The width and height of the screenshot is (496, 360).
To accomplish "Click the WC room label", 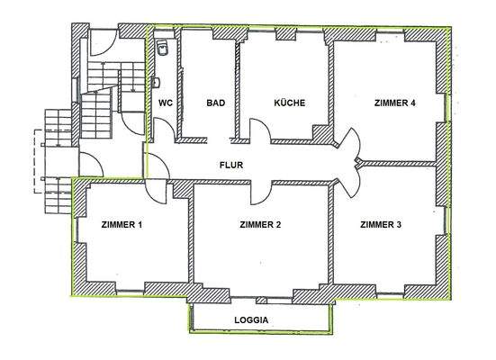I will click(x=165, y=103).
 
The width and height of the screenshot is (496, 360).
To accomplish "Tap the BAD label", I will click(x=215, y=103).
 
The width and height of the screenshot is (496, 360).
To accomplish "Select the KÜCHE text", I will click(x=290, y=103).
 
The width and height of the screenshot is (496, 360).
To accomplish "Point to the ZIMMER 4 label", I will click(x=394, y=103).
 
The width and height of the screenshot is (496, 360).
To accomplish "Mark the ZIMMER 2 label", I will click(x=261, y=224).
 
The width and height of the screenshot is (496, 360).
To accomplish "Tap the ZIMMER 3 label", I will click(x=380, y=224).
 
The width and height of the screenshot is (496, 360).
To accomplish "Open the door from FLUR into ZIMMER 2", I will click(x=261, y=191).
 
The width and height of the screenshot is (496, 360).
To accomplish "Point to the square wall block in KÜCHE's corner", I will click(x=319, y=133).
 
